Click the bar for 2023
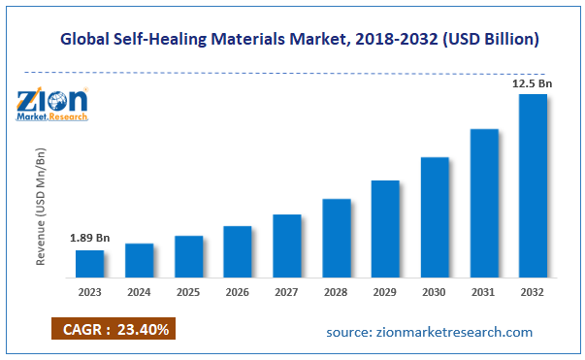tap(89, 263)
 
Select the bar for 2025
tap(188, 256)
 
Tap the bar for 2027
tap(287, 245)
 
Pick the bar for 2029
tap(385, 228)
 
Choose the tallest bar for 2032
tap(533, 185)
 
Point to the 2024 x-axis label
tap(139, 291)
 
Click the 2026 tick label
tap(238, 291)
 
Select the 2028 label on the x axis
tap(336, 291)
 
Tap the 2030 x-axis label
tap(435, 291)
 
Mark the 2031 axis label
tap(484, 291)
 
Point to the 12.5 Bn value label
tap(533, 82)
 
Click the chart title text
tap(300, 40)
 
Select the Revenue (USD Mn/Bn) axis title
tap(42, 208)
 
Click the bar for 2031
tap(484, 203)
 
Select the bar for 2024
tap(139, 260)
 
